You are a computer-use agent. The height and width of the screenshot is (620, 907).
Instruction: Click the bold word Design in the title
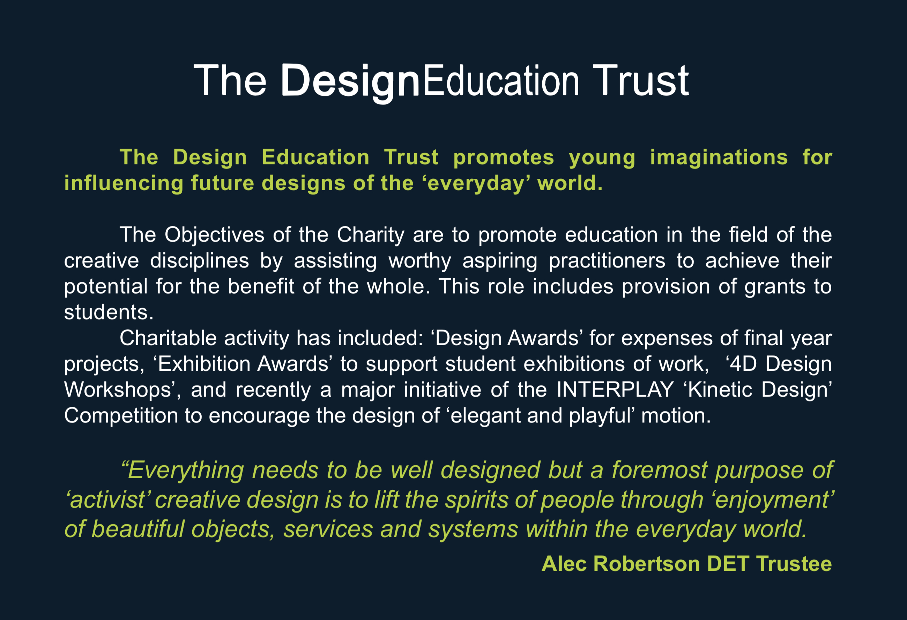pos(350,81)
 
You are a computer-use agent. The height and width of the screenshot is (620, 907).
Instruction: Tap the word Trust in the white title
pos(640,81)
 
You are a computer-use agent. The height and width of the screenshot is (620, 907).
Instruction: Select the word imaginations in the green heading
pos(719,157)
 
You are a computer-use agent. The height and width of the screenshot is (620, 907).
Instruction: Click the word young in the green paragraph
pos(602,157)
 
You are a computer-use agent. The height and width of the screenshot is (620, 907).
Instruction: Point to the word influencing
pos(123,183)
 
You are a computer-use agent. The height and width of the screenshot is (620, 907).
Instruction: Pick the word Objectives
pos(214,235)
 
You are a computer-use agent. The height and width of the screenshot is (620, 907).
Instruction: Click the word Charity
pos(370,235)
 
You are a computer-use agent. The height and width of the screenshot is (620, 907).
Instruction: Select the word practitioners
pos(607,261)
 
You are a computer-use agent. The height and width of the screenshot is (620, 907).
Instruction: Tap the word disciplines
pos(199,261)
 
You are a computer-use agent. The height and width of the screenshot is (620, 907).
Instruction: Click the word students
pos(108,312)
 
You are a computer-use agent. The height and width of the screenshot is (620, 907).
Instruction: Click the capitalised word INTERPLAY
pos(615,390)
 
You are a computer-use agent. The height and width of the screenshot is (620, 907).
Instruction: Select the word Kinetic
pos(720,390)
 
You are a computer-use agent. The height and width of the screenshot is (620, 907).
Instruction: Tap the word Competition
pos(121,415)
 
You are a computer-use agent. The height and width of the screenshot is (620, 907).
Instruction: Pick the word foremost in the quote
pos(659,470)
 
